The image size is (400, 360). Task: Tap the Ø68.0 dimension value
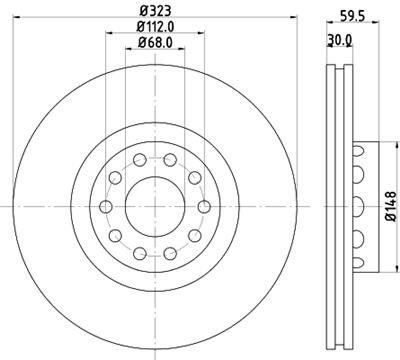[154, 43]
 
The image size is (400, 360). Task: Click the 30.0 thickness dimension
[341, 41]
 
